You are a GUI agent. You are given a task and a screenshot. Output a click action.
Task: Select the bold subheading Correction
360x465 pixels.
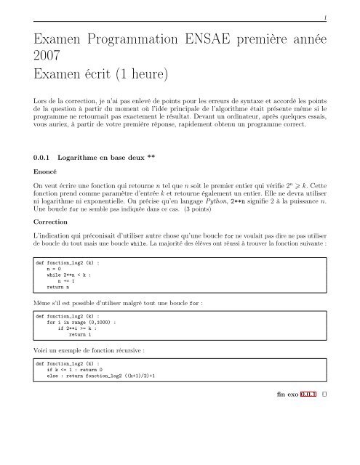41,222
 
